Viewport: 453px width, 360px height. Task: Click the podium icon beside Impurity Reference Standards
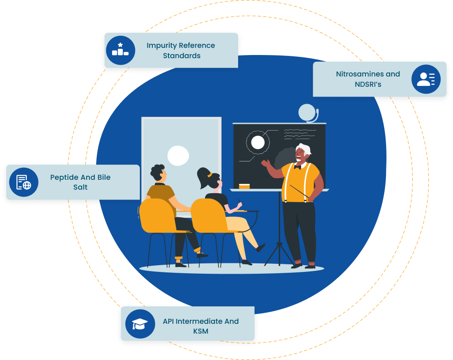click(120, 50)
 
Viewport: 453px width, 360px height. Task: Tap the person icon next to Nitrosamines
click(426, 79)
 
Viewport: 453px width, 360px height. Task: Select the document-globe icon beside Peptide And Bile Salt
click(24, 182)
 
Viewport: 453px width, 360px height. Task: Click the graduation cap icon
click(140, 324)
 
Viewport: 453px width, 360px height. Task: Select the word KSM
click(201, 331)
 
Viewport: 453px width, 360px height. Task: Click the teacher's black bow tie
click(298, 167)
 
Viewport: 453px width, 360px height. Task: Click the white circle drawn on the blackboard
click(258, 142)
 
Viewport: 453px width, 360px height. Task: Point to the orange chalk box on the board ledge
click(244, 186)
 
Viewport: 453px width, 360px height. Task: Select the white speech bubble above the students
click(178, 156)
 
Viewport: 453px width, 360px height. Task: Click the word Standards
click(181, 56)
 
